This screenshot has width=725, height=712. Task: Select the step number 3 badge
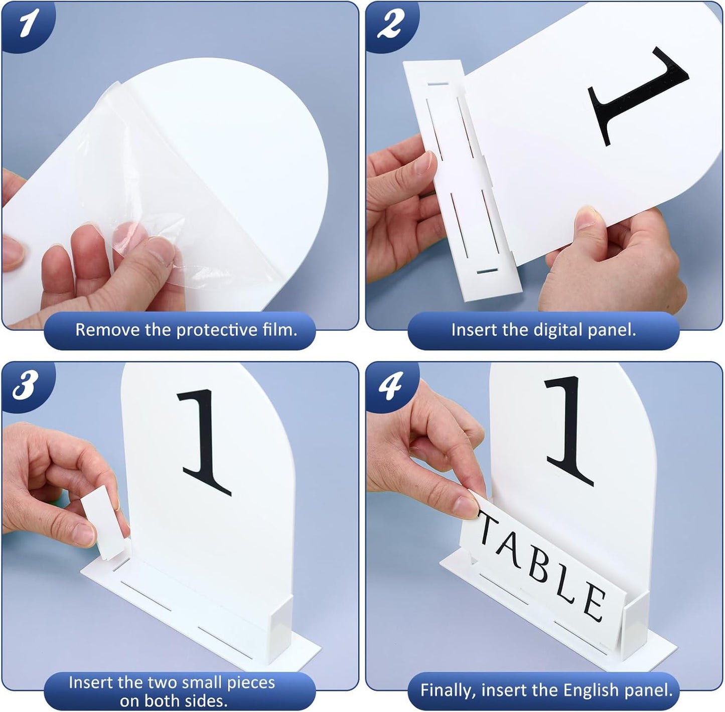[x=25, y=385]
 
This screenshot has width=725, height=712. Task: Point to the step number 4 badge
[x=390, y=385]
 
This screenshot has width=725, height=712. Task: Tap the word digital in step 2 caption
[x=547, y=330]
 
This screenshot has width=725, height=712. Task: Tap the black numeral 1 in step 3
[x=206, y=442]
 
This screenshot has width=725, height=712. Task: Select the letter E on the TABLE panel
[x=593, y=602]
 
